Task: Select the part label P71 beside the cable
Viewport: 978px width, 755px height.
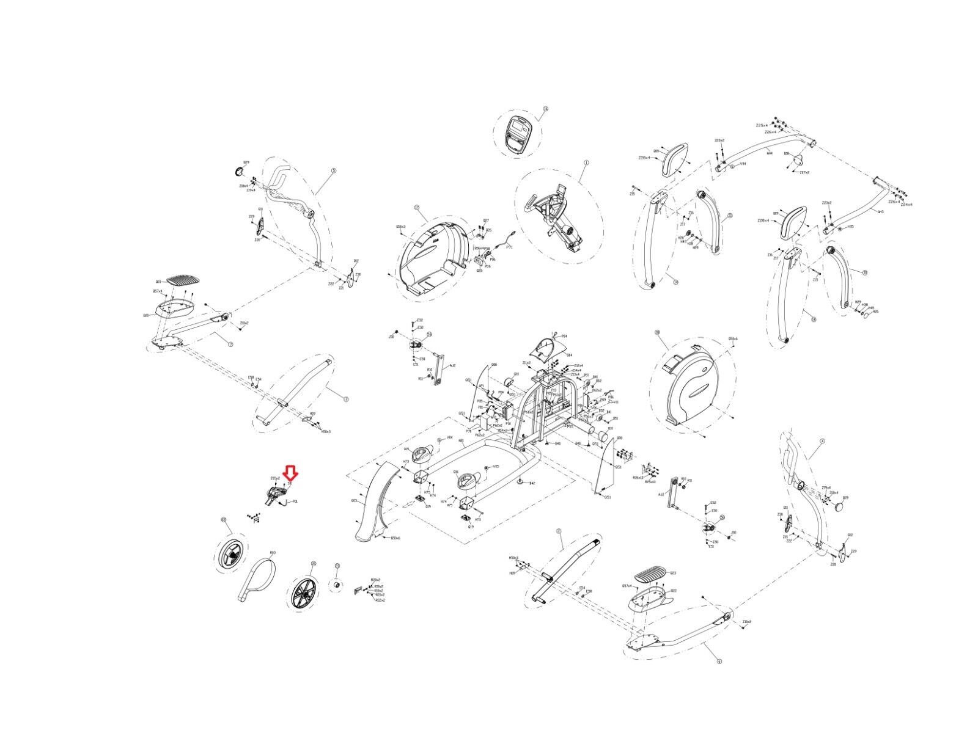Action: (509, 247)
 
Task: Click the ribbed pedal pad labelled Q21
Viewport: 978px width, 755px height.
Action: (183, 283)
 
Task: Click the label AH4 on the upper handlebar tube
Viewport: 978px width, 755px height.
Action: (770, 153)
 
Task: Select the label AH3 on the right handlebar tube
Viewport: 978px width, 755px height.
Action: (880, 212)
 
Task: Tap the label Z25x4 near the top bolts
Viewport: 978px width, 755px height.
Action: (762, 125)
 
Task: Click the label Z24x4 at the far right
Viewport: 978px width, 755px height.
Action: (906, 205)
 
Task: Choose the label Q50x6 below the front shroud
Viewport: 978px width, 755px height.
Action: (394, 538)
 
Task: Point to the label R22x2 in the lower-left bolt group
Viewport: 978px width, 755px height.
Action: (380, 600)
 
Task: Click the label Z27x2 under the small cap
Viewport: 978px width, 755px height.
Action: (804, 173)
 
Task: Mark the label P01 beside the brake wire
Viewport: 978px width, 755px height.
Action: (295, 501)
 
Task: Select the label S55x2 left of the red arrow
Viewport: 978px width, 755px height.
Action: (275, 478)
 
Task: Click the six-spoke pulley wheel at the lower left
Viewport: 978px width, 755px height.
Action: (303, 592)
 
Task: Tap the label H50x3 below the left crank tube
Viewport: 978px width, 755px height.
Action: (325, 431)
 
